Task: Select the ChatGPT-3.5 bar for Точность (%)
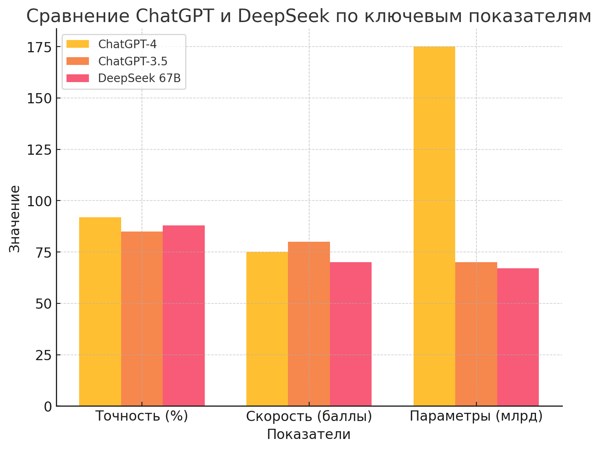coord(142,319)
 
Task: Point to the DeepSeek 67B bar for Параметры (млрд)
coord(518,337)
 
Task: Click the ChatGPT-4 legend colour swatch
coord(77,44)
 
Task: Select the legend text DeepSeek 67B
coord(139,78)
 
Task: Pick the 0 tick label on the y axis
coord(48,407)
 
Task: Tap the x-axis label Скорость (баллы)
coord(309,417)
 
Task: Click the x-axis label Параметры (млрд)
coord(476,416)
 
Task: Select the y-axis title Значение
coord(15,219)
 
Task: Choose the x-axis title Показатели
coord(309,434)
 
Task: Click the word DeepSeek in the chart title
coord(283,16)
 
